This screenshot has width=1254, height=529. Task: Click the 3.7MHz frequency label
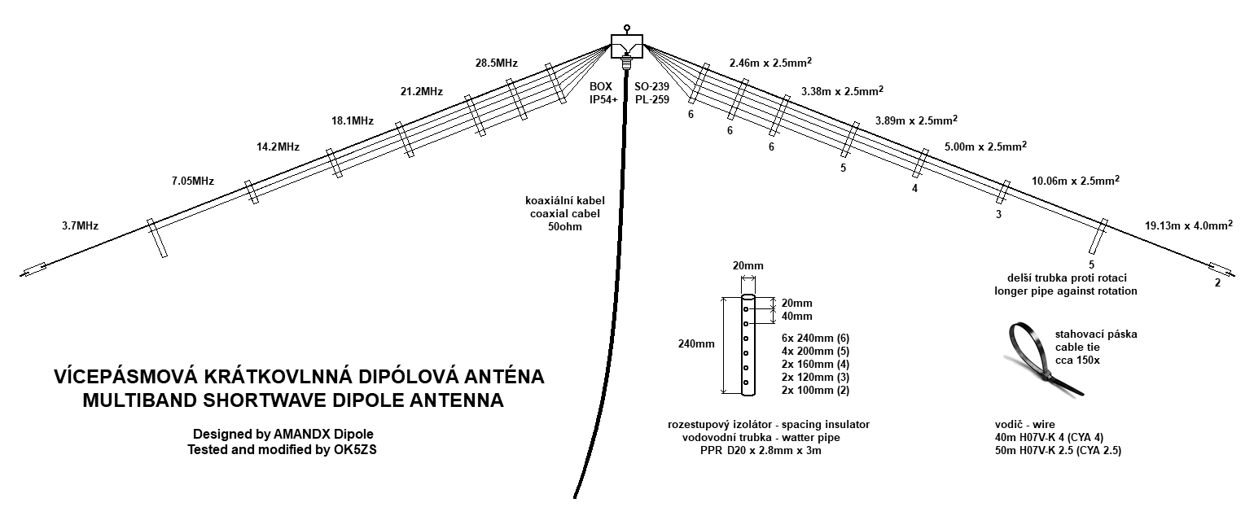pyautogui.click(x=80, y=225)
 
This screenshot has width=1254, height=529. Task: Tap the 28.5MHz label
pyautogui.click(x=497, y=63)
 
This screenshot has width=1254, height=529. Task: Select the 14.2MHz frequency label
pyautogui.click(x=278, y=146)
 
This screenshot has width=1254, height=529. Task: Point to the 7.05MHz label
pyautogui.click(x=192, y=181)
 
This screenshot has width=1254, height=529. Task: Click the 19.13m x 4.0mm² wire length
pyautogui.click(x=1189, y=225)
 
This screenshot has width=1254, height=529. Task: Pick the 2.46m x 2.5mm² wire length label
pyautogui.click(x=770, y=62)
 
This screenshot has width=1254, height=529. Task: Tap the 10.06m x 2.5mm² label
pyautogui.click(x=1076, y=180)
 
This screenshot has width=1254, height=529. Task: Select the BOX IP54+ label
pyautogui.click(x=603, y=93)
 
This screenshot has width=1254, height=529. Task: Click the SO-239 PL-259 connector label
pyautogui.click(x=651, y=93)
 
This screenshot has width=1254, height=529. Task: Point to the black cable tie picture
pyautogui.click(x=1046, y=360)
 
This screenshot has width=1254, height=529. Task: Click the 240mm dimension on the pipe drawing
pyautogui.click(x=696, y=343)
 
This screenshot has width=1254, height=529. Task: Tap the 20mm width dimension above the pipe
pyautogui.click(x=748, y=265)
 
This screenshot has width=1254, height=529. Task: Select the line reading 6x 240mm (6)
pyautogui.click(x=815, y=338)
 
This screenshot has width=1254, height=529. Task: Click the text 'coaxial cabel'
pyautogui.click(x=565, y=213)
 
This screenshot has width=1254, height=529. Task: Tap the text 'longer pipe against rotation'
pyautogui.click(x=1065, y=291)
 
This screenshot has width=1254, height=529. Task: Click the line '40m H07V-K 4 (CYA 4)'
pyautogui.click(x=1049, y=437)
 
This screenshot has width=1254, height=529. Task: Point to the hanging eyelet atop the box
pyautogui.click(x=626, y=28)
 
